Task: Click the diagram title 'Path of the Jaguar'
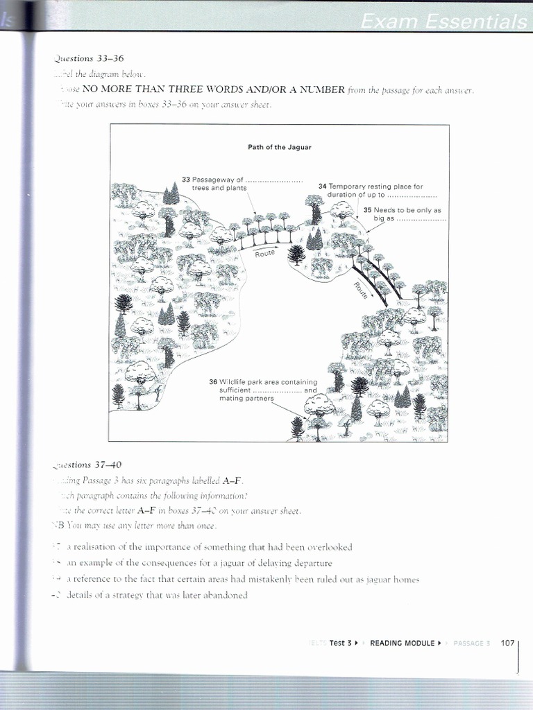(x=280, y=147)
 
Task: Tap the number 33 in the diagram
(x=186, y=180)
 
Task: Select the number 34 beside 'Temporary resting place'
(x=322, y=187)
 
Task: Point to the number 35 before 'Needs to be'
(x=367, y=209)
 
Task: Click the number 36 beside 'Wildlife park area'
(x=213, y=382)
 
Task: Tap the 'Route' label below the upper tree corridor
(x=265, y=254)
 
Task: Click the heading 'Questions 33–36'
(x=88, y=58)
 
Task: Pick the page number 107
(x=507, y=643)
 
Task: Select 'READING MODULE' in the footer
(x=402, y=643)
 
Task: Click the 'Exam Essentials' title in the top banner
(x=443, y=22)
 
